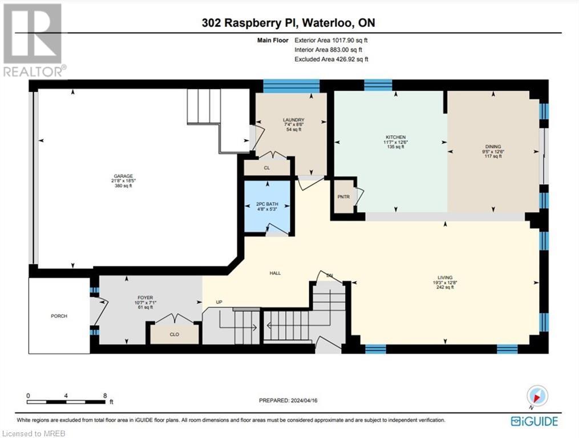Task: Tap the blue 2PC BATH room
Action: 267,206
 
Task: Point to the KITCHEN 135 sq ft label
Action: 395,142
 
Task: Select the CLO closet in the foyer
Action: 175,335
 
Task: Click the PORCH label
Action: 59,316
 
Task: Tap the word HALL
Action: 276,273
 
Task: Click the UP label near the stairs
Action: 218,302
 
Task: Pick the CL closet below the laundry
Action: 266,168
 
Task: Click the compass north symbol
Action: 537,396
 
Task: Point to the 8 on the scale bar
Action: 105,395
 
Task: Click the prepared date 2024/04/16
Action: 289,401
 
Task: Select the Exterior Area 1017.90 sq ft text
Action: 331,40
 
